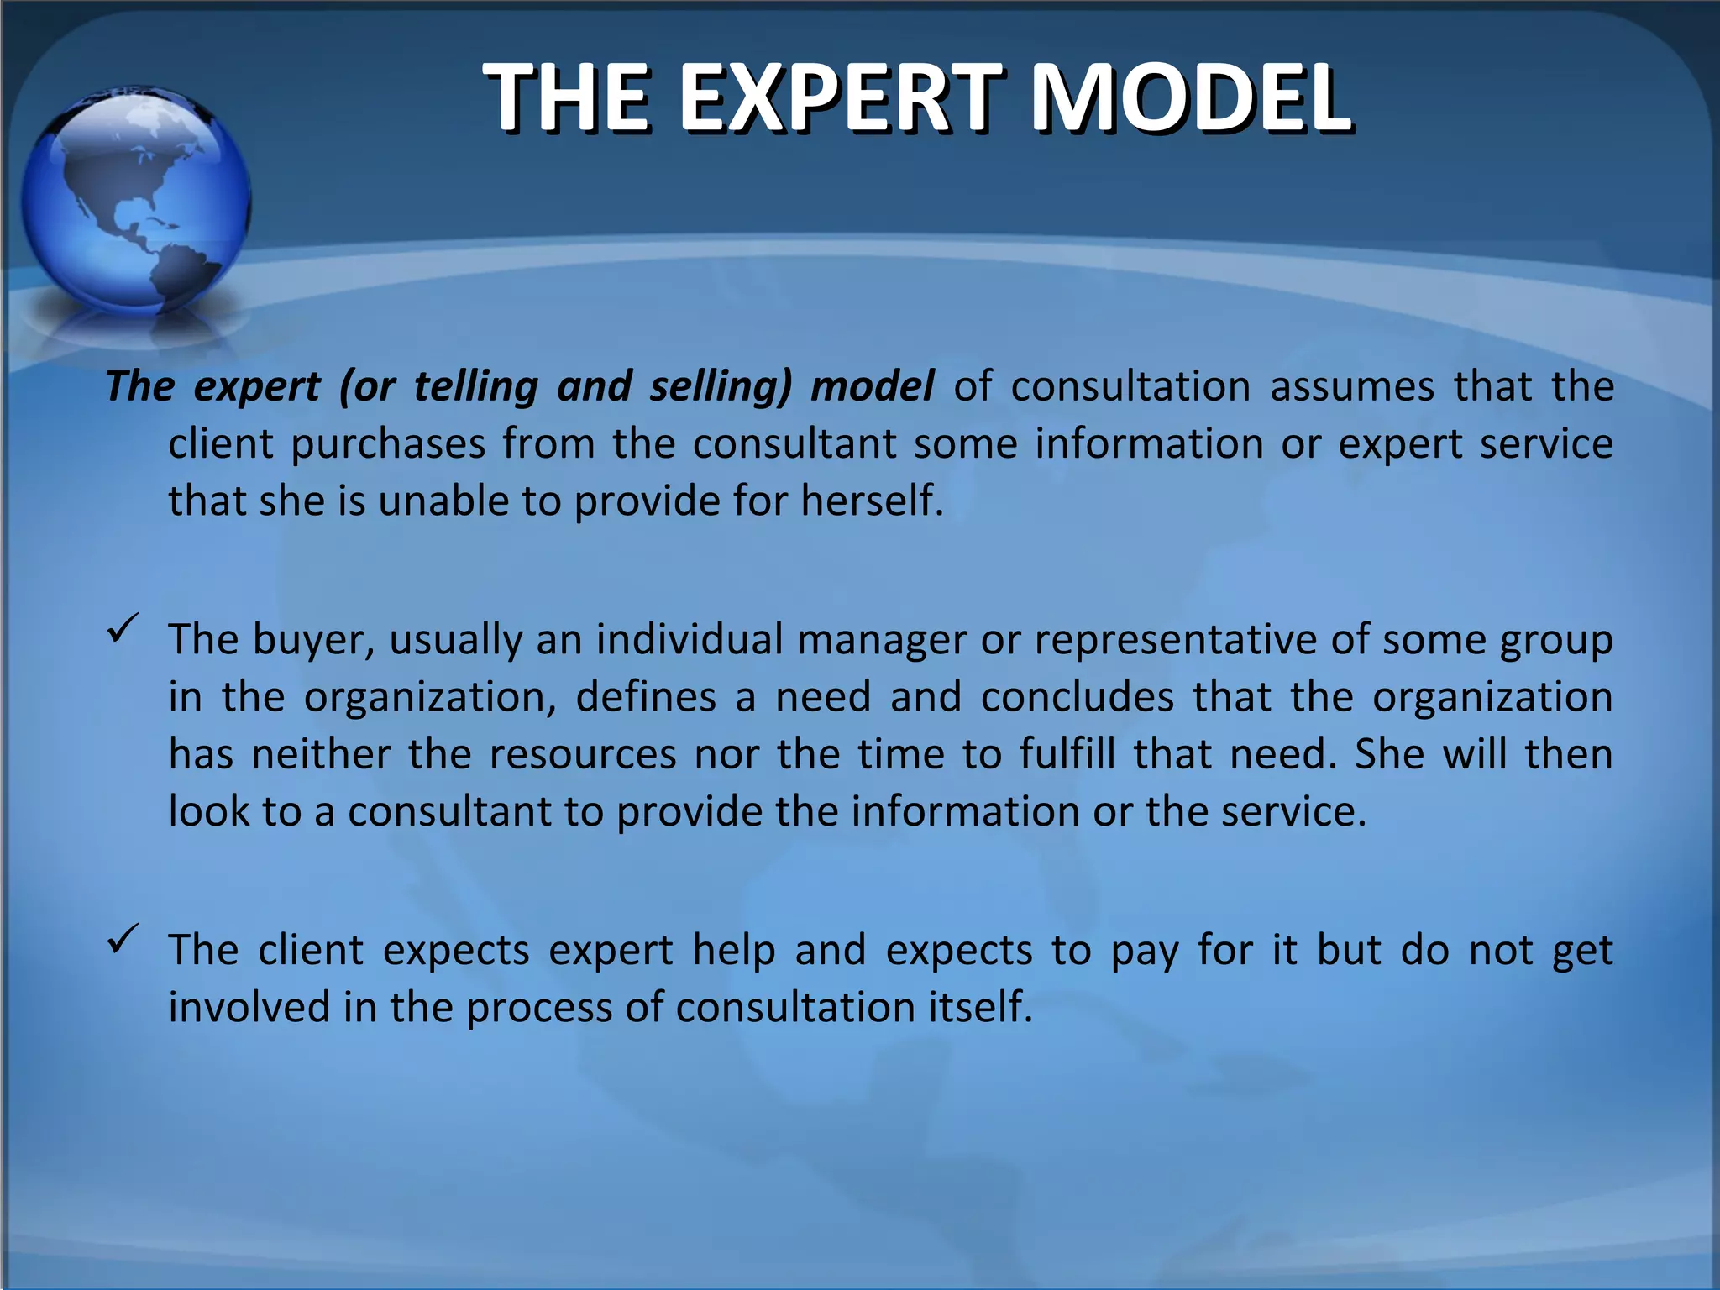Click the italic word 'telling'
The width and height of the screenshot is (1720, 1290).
click(475, 387)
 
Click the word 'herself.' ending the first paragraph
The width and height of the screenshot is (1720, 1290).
click(872, 501)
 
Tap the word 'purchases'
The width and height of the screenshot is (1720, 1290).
click(388, 444)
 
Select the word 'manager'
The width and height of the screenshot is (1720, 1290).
click(882, 641)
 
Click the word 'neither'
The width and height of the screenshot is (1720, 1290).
click(321, 754)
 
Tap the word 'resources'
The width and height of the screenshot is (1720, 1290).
click(583, 754)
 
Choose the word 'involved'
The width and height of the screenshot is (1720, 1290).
click(249, 1008)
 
